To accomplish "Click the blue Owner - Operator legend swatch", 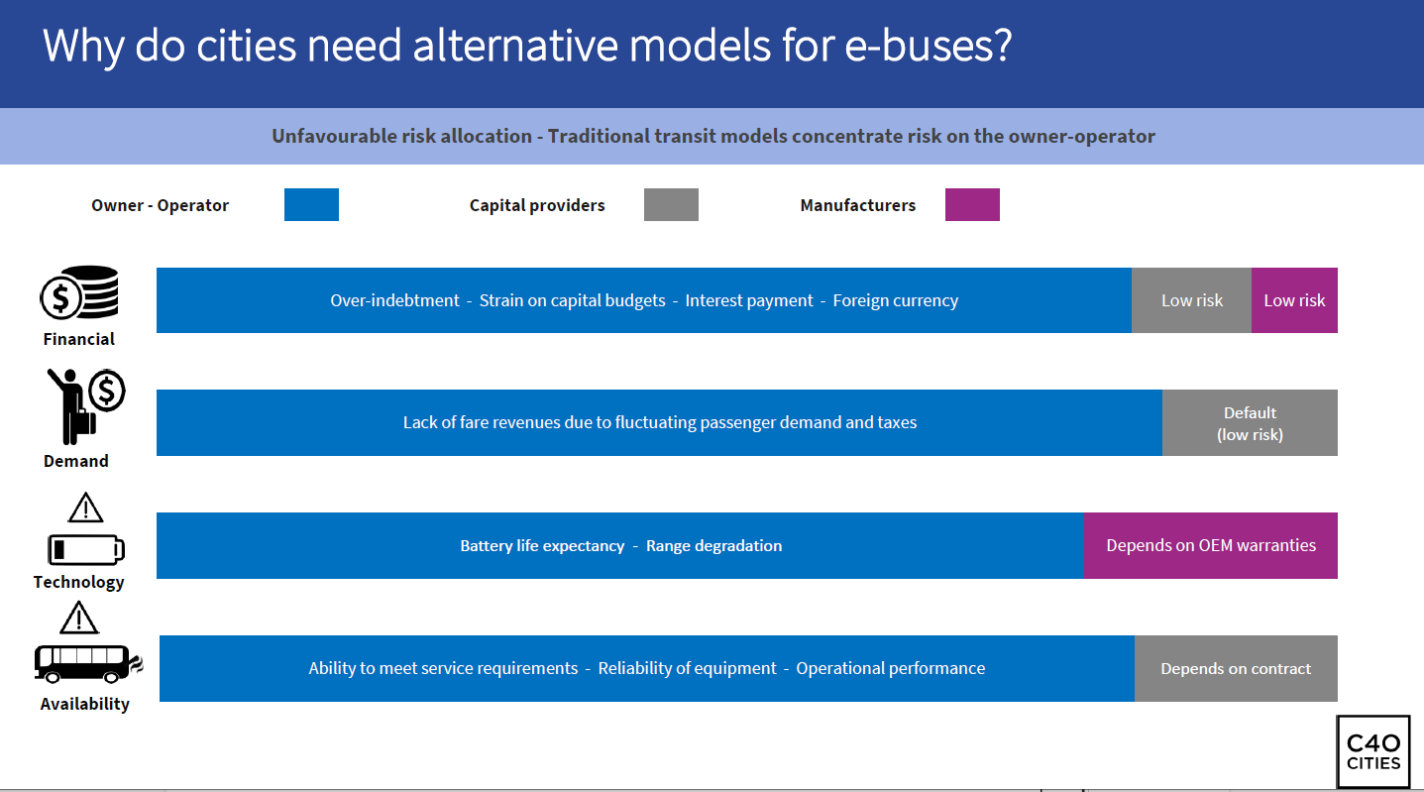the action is click(311, 205).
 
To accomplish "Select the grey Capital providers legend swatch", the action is click(671, 205).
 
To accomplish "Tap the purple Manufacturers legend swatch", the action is click(973, 205).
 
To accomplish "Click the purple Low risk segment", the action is click(1294, 300).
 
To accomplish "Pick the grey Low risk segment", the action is click(1191, 300).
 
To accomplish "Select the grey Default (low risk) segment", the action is click(1250, 422).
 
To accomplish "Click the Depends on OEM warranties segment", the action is click(1211, 545).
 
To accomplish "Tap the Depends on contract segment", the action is click(1236, 668).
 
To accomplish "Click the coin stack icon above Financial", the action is click(79, 292).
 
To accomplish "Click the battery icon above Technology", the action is click(86, 549).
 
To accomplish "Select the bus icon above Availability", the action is click(88, 664).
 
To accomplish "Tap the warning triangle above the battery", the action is click(85, 507).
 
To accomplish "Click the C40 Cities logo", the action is click(1373, 752).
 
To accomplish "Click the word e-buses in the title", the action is click(928, 47).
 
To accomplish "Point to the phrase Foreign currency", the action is click(895, 300).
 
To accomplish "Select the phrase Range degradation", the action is click(713, 546).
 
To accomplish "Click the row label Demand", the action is click(75, 461).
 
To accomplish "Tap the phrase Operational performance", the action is click(891, 668).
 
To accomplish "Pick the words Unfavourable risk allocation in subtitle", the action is click(401, 136).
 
